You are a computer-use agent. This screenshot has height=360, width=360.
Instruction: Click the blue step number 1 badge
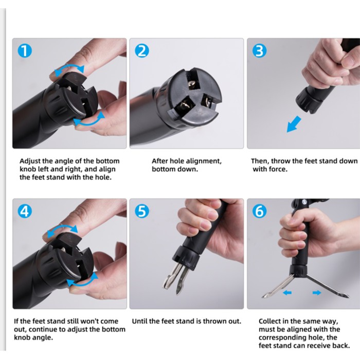click(x=25, y=51)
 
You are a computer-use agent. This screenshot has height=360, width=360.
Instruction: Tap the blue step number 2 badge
click(x=142, y=51)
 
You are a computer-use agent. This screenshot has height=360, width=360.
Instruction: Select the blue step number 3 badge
click(x=259, y=51)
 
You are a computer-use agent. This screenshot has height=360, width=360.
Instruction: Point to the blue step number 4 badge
click(x=25, y=211)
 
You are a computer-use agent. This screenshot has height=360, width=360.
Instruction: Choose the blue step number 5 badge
click(x=142, y=211)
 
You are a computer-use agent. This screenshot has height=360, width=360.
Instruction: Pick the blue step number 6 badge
click(x=259, y=211)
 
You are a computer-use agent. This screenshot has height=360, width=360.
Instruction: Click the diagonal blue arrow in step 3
click(x=294, y=124)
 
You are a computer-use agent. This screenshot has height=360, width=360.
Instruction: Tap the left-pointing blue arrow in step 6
click(x=287, y=293)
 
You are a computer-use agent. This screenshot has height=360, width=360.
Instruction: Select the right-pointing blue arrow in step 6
click(x=317, y=293)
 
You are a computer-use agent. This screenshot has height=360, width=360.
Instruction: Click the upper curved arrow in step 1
click(x=69, y=66)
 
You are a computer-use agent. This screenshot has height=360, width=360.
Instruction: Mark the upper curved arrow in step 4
click(x=62, y=227)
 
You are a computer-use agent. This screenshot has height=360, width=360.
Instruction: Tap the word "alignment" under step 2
click(x=204, y=161)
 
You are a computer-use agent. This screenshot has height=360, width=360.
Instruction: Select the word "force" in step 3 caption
click(x=278, y=169)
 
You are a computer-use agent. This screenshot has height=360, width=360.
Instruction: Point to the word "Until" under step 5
click(x=139, y=321)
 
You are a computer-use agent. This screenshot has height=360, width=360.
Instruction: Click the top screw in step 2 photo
click(x=192, y=84)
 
